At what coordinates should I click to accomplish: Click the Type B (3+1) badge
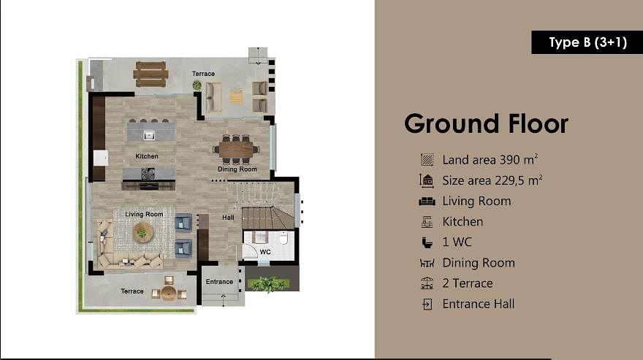point(587,42)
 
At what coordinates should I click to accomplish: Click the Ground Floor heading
point(486,123)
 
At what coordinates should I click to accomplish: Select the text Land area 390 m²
point(490,160)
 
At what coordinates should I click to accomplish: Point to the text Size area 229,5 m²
point(492,180)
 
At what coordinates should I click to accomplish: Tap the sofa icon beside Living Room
point(427,202)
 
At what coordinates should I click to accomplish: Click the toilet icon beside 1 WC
point(427,242)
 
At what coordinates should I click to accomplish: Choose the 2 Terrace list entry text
point(467,283)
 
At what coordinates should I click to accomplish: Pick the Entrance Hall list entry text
point(478,304)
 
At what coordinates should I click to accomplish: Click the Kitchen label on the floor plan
point(146,156)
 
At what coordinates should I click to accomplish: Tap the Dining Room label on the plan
point(237,169)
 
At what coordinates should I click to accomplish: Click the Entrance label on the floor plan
point(219,282)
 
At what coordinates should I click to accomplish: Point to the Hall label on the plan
point(228,217)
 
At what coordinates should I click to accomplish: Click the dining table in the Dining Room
point(235,150)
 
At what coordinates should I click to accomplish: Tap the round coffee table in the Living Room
point(142,232)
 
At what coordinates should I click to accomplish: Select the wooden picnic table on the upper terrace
point(151,74)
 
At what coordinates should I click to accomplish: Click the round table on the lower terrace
point(169,292)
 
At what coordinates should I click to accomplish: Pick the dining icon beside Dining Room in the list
point(427,263)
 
